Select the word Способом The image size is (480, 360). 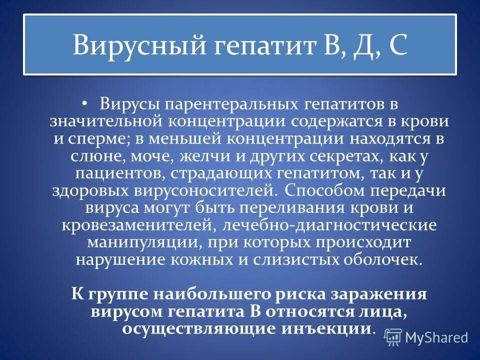point(321,191)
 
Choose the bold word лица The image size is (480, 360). point(382,311)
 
